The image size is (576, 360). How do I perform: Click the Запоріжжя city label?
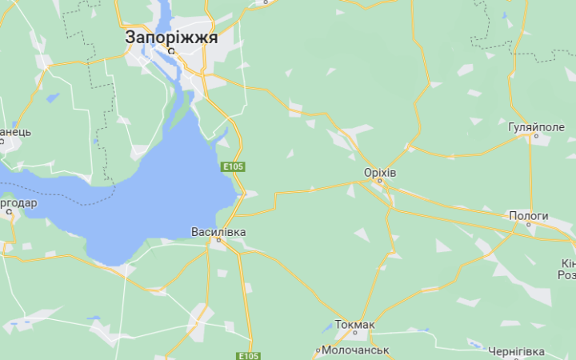coord(171,37)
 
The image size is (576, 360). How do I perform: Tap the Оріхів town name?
coord(380,173)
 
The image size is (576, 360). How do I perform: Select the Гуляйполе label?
coord(536,127)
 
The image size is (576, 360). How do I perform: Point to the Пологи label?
coord(529,216)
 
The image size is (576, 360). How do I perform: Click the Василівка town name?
coord(218,232)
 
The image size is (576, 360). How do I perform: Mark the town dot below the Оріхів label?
coord(382,183)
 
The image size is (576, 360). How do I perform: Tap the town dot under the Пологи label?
coord(529,226)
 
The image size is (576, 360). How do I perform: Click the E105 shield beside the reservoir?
coord(233,166)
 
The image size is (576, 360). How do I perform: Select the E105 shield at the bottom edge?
coord(248,355)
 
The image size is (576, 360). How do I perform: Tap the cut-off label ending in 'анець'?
coord(15,132)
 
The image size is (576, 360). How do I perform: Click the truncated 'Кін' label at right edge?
coord(567,264)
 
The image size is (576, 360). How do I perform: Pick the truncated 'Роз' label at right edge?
coord(566,274)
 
